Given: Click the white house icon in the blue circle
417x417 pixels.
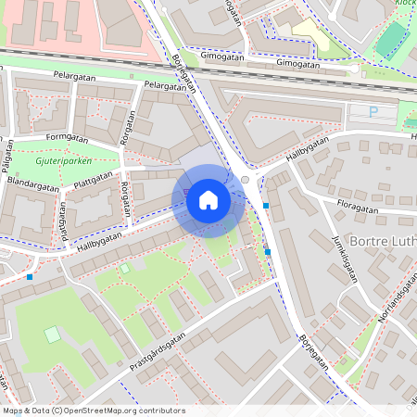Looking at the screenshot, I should [208, 200].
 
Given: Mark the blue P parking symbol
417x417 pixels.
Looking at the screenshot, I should [373, 111].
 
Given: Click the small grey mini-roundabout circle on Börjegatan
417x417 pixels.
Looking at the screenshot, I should [245, 180].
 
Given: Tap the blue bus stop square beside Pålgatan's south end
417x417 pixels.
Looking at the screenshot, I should [30, 276].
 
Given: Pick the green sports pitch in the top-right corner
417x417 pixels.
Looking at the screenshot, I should [392, 37].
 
